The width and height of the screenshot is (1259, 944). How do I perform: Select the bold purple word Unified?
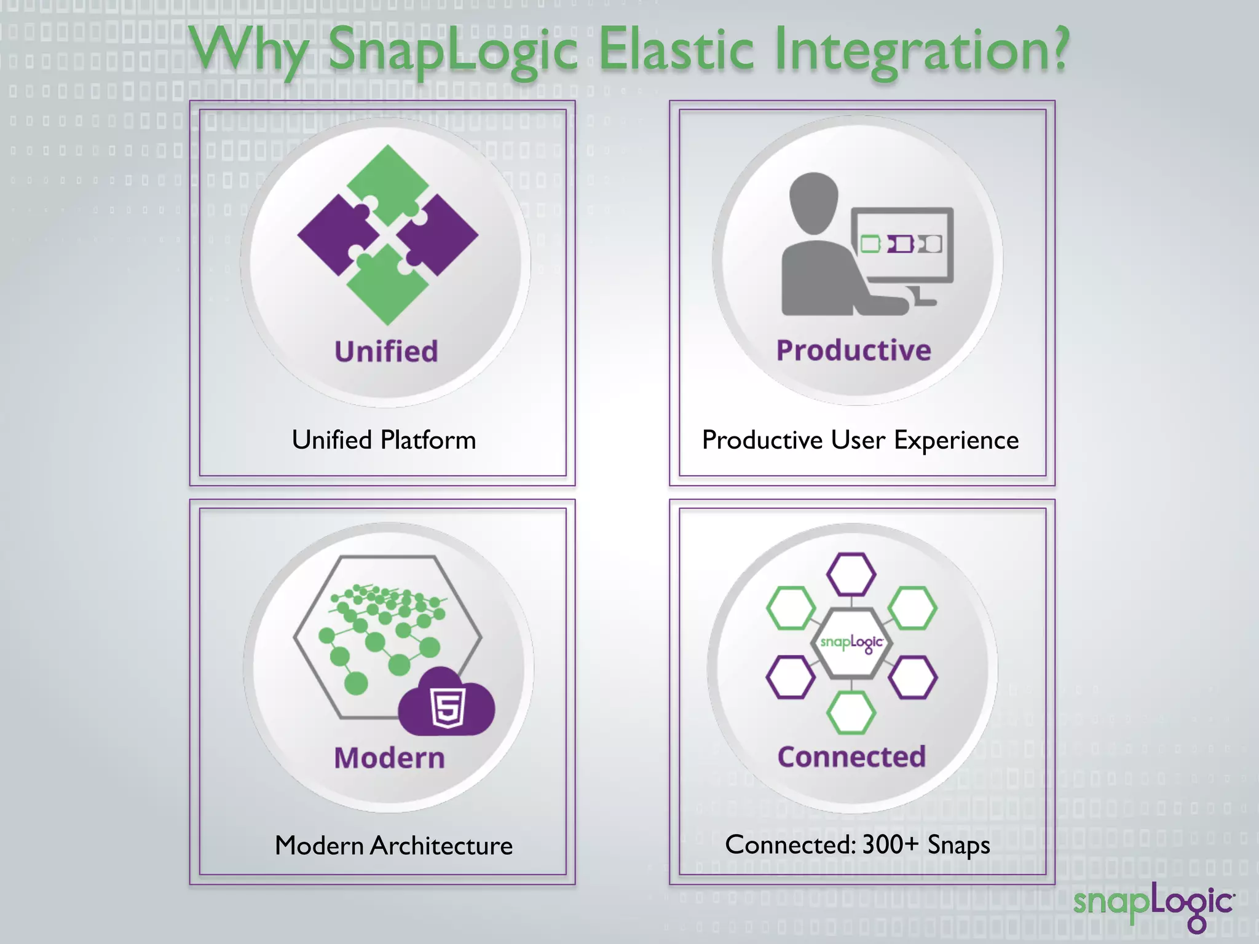pyautogui.click(x=386, y=352)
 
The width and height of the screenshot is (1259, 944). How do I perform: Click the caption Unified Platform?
pyautogui.click(x=384, y=440)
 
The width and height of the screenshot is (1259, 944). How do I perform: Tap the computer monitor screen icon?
pyautogui.click(x=902, y=245)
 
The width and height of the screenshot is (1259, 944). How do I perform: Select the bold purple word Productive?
pyautogui.click(x=853, y=350)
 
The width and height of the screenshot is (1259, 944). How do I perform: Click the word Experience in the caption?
pyautogui.click(x=956, y=440)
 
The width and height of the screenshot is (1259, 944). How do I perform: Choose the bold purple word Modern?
pyautogui.click(x=389, y=758)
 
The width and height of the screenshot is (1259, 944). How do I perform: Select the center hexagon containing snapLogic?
pyautogui.click(x=851, y=643)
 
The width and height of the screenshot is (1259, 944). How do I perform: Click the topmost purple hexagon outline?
pyautogui.click(x=851, y=574)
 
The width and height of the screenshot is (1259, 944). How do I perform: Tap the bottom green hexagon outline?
pyautogui.click(x=851, y=712)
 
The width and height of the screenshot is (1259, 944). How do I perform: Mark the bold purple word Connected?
pyautogui.click(x=851, y=757)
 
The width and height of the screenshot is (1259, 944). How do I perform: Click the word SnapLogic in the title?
pyautogui.click(x=453, y=50)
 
